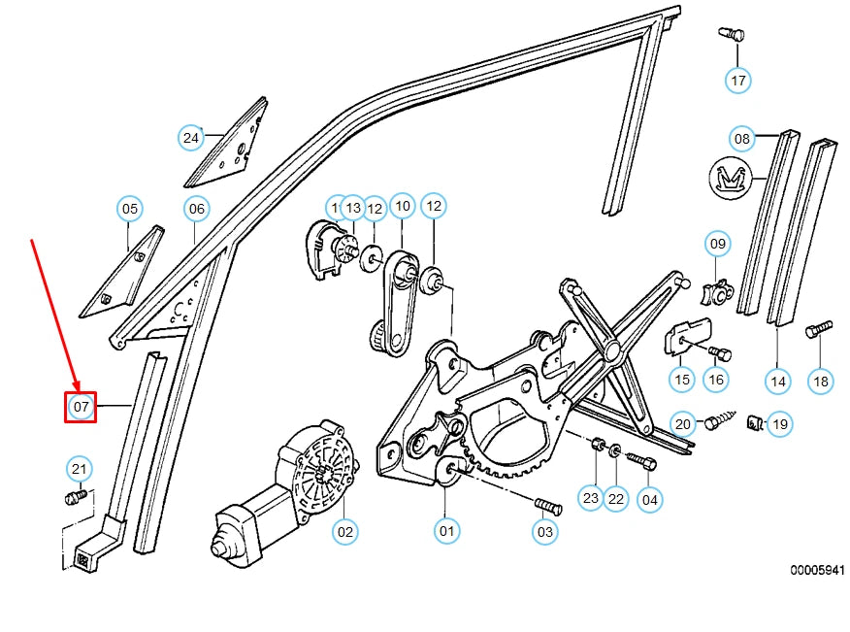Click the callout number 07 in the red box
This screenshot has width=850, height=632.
tap(81, 406)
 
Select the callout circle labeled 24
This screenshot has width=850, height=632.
tap(191, 138)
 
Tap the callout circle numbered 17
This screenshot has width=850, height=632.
tap(738, 80)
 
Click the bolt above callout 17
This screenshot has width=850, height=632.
tap(733, 35)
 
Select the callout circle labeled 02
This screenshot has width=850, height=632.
tap(344, 531)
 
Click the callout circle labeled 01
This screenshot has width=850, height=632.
tap(446, 531)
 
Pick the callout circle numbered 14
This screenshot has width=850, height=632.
tap(778, 382)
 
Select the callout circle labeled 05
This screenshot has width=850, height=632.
tap(129, 209)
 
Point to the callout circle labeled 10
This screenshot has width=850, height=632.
tap(402, 207)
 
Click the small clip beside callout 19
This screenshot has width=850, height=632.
tap(752, 422)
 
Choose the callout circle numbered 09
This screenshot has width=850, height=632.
tap(717, 243)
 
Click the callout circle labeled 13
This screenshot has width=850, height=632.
tap(353, 207)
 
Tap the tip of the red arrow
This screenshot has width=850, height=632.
tap(75, 388)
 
